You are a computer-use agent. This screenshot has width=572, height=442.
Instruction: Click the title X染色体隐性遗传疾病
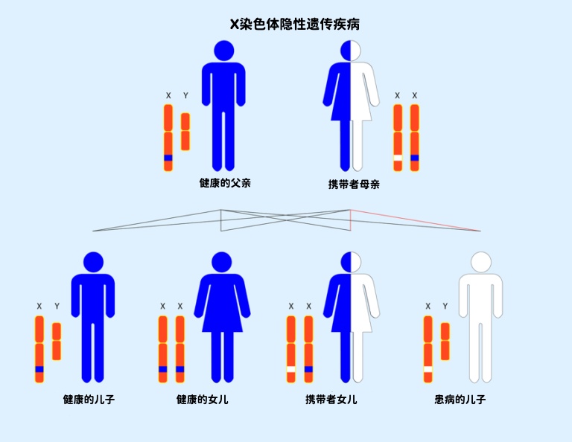click(x=296, y=25)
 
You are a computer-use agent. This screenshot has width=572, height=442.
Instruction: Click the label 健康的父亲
click(x=225, y=182)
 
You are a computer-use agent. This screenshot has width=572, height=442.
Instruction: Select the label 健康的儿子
click(x=89, y=400)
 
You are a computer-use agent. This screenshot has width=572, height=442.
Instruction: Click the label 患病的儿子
click(x=460, y=400)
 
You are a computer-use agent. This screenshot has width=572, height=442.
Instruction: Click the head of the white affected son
click(x=480, y=262)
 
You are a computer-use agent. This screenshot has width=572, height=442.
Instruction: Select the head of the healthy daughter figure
click(x=222, y=262)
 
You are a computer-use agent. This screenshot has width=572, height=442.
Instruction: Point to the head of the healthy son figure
click(x=93, y=262)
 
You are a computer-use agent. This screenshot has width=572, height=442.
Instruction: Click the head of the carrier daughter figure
click(x=351, y=262)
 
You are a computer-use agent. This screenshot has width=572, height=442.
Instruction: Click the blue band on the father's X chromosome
click(x=168, y=158)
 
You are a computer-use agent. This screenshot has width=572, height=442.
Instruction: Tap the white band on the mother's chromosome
click(x=398, y=158)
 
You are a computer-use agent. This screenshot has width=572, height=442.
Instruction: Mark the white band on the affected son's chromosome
click(x=428, y=370)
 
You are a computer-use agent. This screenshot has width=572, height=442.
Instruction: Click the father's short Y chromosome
click(x=185, y=132)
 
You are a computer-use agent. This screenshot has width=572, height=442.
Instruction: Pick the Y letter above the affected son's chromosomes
click(x=445, y=306)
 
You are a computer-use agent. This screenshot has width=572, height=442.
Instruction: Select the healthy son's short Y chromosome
click(x=57, y=342)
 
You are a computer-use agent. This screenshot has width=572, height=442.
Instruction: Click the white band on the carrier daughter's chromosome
click(x=291, y=370)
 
